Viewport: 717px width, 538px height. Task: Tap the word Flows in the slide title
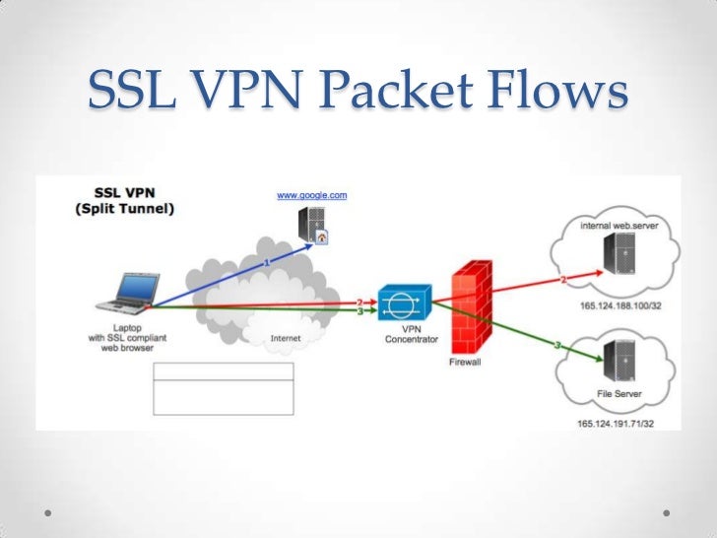(x=559, y=93)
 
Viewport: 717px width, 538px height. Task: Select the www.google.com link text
(x=311, y=196)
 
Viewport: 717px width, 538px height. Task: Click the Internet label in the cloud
(x=286, y=338)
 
